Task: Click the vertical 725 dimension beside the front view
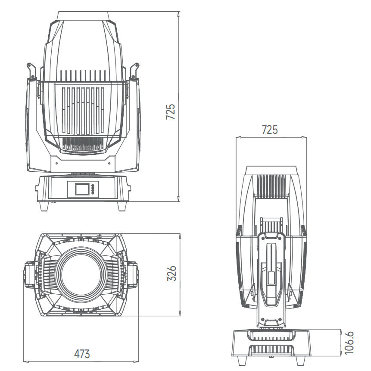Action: click(171, 112)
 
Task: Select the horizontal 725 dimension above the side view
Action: click(270, 129)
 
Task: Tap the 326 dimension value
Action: click(171, 274)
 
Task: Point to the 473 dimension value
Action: click(82, 354)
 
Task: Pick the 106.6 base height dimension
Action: click(349, 343)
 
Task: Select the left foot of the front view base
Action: click(44, 206)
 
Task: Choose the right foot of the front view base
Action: click(122, 206)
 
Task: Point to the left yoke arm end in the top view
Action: click(28, 275)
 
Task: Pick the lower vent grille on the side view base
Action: click(271, 349)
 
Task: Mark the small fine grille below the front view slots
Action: click(83, 144)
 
